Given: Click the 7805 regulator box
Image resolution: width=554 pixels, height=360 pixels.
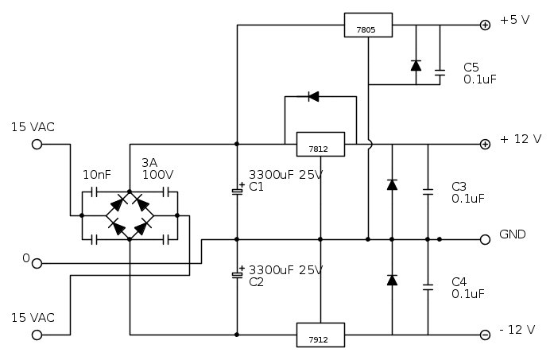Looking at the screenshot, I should point(368,25).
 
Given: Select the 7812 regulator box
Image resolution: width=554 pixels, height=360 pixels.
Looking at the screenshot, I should point(320,144).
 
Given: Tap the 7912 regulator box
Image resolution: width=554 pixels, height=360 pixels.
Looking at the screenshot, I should point(320,335).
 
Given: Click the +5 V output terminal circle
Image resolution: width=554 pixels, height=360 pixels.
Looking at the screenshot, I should point(485,25).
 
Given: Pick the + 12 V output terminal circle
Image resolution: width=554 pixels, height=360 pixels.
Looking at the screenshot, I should point(485,144).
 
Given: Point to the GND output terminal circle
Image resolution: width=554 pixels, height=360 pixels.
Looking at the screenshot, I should point(485,239).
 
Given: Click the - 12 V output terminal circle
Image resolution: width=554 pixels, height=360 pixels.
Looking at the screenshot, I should point(485,335).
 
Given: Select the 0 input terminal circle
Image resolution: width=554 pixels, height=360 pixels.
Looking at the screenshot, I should point(37,263).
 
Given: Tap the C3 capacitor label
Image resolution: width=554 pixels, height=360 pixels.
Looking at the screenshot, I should point(459,186).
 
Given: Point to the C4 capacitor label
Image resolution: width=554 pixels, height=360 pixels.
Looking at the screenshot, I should point(459,281).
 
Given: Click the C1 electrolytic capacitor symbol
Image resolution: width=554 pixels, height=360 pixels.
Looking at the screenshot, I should point(237,192).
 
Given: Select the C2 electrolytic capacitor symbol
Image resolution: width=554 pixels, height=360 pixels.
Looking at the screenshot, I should point(237,274).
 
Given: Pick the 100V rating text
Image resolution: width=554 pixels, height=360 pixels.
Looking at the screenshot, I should point(157,174).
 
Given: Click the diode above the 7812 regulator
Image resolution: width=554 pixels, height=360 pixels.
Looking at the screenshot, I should point(312,97).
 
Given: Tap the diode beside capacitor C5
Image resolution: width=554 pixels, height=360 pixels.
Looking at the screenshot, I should point(416,66).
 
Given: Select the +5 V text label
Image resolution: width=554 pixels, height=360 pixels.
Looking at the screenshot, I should point(515,21).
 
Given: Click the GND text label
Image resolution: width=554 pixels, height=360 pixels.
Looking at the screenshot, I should point(513,236).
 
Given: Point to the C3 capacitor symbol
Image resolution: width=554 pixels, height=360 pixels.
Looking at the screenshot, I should point(428,192).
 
